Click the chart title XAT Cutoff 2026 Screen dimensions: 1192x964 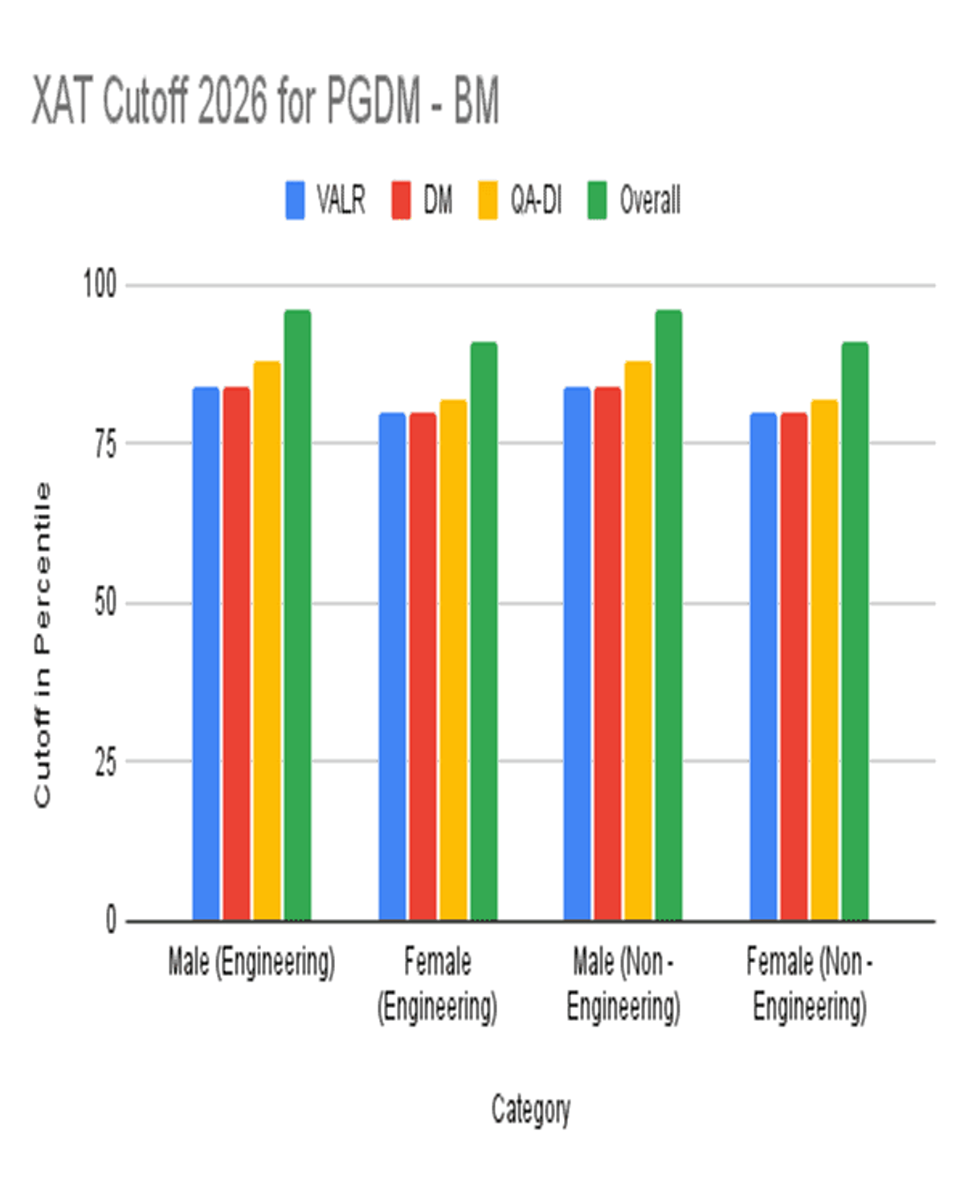(265, 101)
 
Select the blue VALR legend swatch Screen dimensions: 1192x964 (295, 200)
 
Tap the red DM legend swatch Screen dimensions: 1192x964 (401, 200)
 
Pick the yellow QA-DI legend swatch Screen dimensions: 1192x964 (488, 200)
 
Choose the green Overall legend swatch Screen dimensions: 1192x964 (597, 200)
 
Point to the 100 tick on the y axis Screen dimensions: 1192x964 (100, 284)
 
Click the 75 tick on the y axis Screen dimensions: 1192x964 (105, 443)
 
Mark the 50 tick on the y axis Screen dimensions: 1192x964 (105, 602)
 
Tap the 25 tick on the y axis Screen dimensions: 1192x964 (105, 761)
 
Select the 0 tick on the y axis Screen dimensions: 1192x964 (111, 920)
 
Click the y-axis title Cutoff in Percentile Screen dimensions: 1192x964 (42, 644)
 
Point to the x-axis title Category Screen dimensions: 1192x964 (531, 1110)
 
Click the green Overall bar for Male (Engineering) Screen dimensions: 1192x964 (297, 614)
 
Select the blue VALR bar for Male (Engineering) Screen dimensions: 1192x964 (206, 653)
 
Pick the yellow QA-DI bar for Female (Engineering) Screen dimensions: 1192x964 (453, 659)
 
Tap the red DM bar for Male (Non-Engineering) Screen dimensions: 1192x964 (607, 653)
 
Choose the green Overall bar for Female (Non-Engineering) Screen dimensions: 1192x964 (855, 631)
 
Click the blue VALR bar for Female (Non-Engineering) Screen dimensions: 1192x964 (763, 666)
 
